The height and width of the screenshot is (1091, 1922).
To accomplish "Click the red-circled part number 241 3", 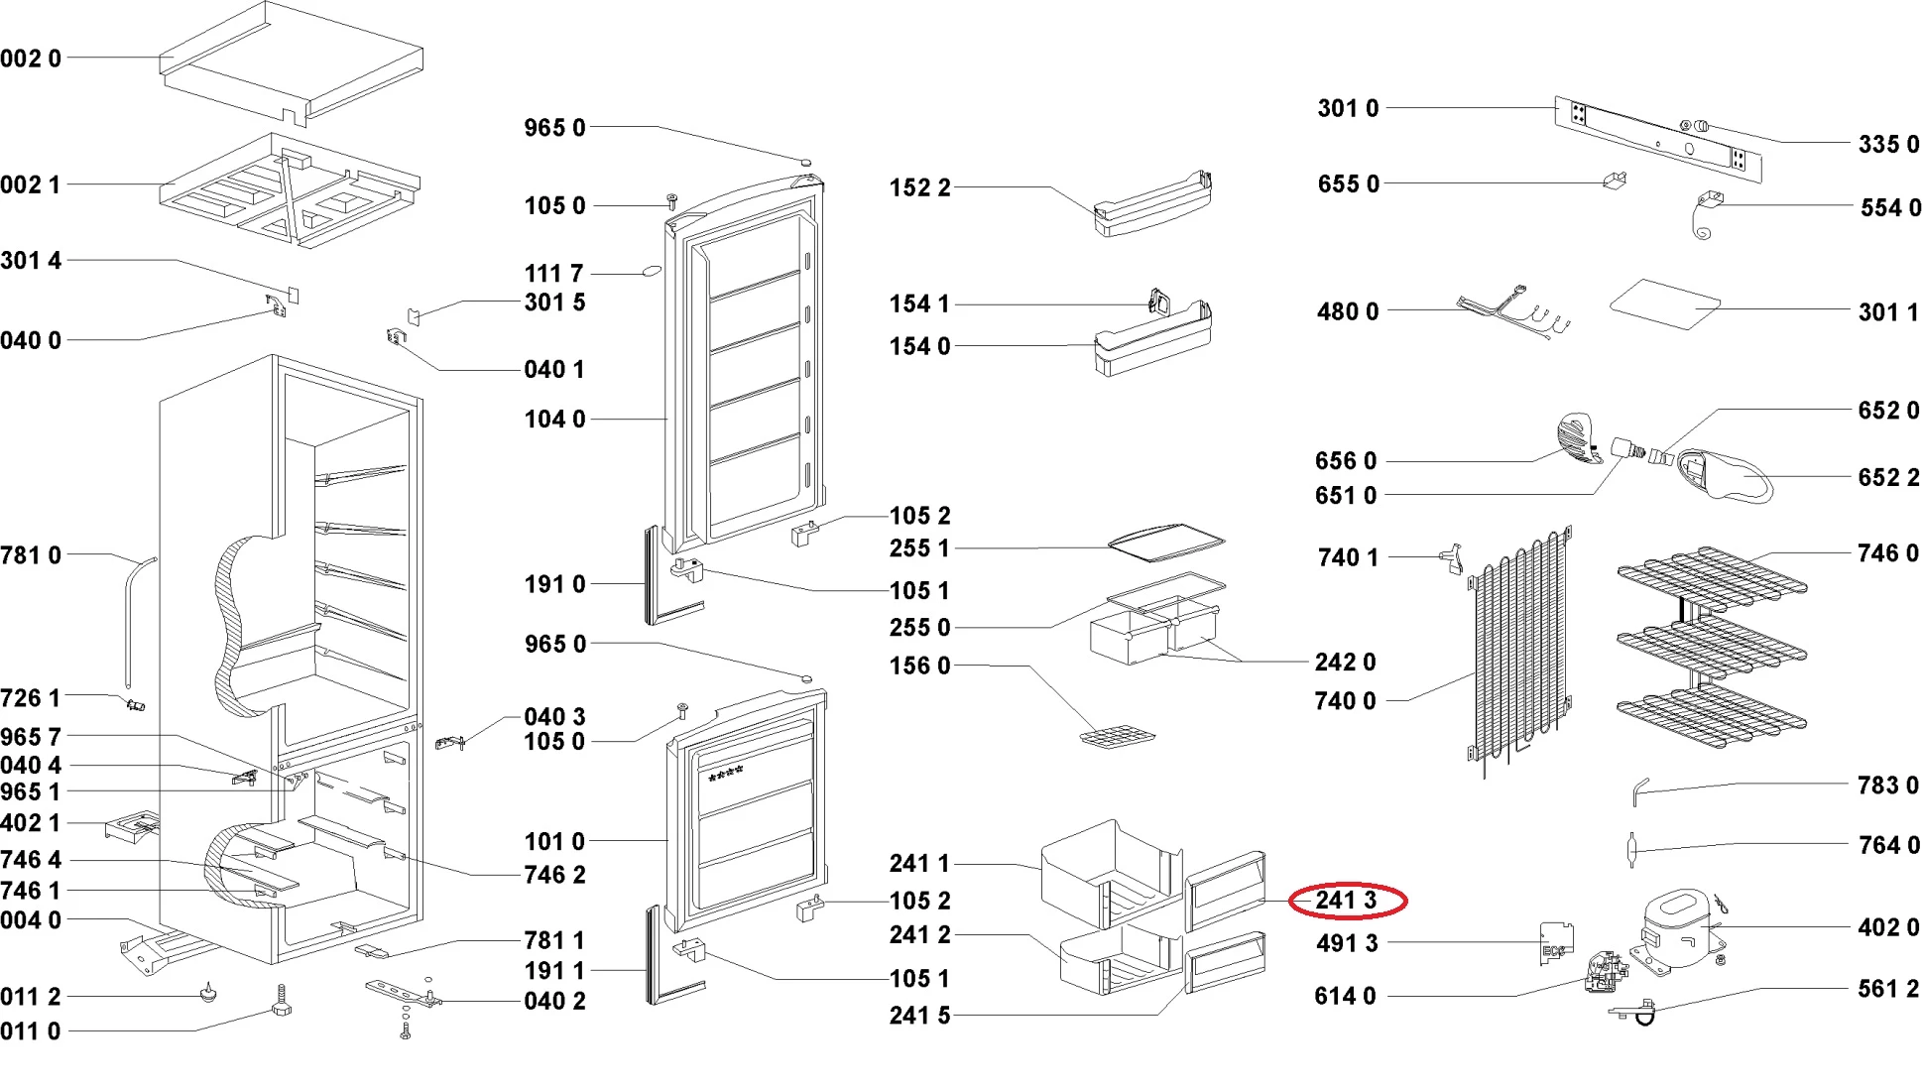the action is [1346, 900].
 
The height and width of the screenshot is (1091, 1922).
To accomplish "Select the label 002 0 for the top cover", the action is [31, 59].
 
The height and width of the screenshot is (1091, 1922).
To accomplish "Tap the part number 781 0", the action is [31, 555].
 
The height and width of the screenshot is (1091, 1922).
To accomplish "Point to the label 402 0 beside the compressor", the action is [1888, 927].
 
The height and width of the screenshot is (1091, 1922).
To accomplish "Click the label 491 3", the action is [1347, 943].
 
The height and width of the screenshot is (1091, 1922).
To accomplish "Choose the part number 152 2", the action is [919, 187].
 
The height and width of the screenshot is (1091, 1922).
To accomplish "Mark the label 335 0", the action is [1888, 145].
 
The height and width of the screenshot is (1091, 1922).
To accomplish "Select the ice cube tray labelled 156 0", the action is [1118, 738].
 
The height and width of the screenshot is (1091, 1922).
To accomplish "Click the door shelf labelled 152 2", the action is [1152, 205].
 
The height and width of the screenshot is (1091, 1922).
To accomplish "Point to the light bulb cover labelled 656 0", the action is [1578, 438].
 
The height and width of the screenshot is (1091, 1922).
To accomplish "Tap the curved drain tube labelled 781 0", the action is [136, 622].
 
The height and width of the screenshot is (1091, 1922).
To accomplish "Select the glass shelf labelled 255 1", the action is [1166, 543].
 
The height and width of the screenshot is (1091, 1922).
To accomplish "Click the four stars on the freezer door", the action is [725, 773].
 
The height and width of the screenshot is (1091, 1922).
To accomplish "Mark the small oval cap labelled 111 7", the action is [652, 270].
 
